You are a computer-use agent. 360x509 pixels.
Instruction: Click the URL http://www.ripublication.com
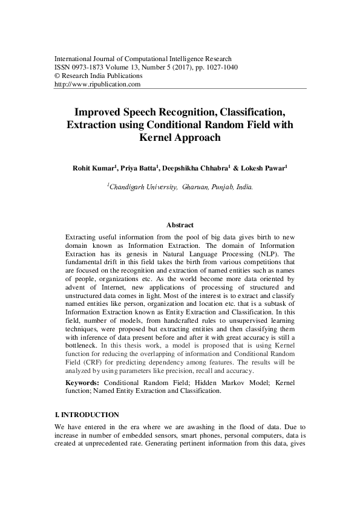coord(97,85)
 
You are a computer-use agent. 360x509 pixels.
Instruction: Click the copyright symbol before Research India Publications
coord(57,76)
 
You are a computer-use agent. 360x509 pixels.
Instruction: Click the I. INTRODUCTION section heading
coord(87,415)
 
